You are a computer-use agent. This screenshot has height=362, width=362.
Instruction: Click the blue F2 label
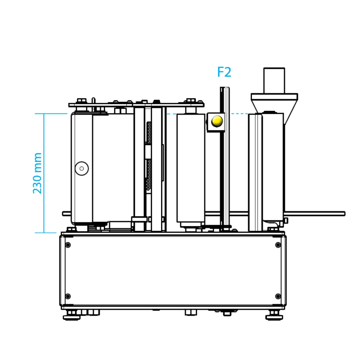pyautogui.click(x=224, y=72)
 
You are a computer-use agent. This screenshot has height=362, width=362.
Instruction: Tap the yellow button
pyautogui.click(x=217, y=121)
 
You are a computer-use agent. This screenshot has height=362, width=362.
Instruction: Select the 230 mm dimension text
pyautogui.click(x=37, y=173)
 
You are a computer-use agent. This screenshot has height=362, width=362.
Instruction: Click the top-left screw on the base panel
pyautogui.click(x=68, y=245)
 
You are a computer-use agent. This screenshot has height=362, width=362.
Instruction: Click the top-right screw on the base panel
pyautogui.click(x=278, y=245)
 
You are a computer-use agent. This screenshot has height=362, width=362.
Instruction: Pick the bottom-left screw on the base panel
pyautogui.click(x=68, y=296)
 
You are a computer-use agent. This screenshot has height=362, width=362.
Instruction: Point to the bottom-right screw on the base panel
pyautogui.click(x=278, y=296)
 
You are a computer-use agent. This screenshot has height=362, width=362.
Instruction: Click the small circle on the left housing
pyautogui.click(x=82, y=168)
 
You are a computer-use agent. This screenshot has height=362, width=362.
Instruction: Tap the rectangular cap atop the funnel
pyautogui.click(x=274, y=81)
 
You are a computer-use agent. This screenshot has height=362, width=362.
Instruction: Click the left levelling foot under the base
pyautogui.click(x=72, y=315)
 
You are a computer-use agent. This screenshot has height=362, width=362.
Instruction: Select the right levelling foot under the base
pyautogui.click(x=274, y=315)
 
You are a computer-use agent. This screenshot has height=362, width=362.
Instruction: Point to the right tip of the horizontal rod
pyautogui.click(x=345, y=214)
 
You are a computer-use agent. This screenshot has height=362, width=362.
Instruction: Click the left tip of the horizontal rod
pyautogui.click(x=63, y=214)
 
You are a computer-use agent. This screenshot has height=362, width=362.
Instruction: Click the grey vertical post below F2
pyautogui.click(x=227, y=157)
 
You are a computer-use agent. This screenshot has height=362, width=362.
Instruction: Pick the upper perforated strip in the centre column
pyautogui.click(x=149, y=132)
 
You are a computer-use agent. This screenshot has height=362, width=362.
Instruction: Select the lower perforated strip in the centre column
pyautogui.click(x=149, y=174)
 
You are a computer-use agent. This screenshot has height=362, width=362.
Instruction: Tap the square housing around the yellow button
pyautogui.click(x=216, y=122)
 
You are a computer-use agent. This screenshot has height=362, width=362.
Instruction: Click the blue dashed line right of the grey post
pyautogui.click(x=239, y=114)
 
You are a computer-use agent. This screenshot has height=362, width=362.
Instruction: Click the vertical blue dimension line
pyautogui.click(x=44, y=173)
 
